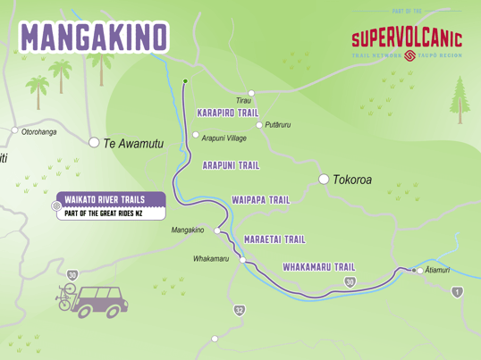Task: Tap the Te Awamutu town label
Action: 134,143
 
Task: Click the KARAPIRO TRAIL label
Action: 228,113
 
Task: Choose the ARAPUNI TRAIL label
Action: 231,165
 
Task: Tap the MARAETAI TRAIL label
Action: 274,239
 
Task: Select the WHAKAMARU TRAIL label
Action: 318,266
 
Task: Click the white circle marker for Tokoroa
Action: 324,180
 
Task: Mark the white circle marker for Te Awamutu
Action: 94,142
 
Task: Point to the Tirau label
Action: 243,101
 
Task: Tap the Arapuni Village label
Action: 224,138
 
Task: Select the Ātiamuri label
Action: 438,270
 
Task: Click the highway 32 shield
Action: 239,310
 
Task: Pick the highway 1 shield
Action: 458,292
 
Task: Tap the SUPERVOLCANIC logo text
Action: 407,38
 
